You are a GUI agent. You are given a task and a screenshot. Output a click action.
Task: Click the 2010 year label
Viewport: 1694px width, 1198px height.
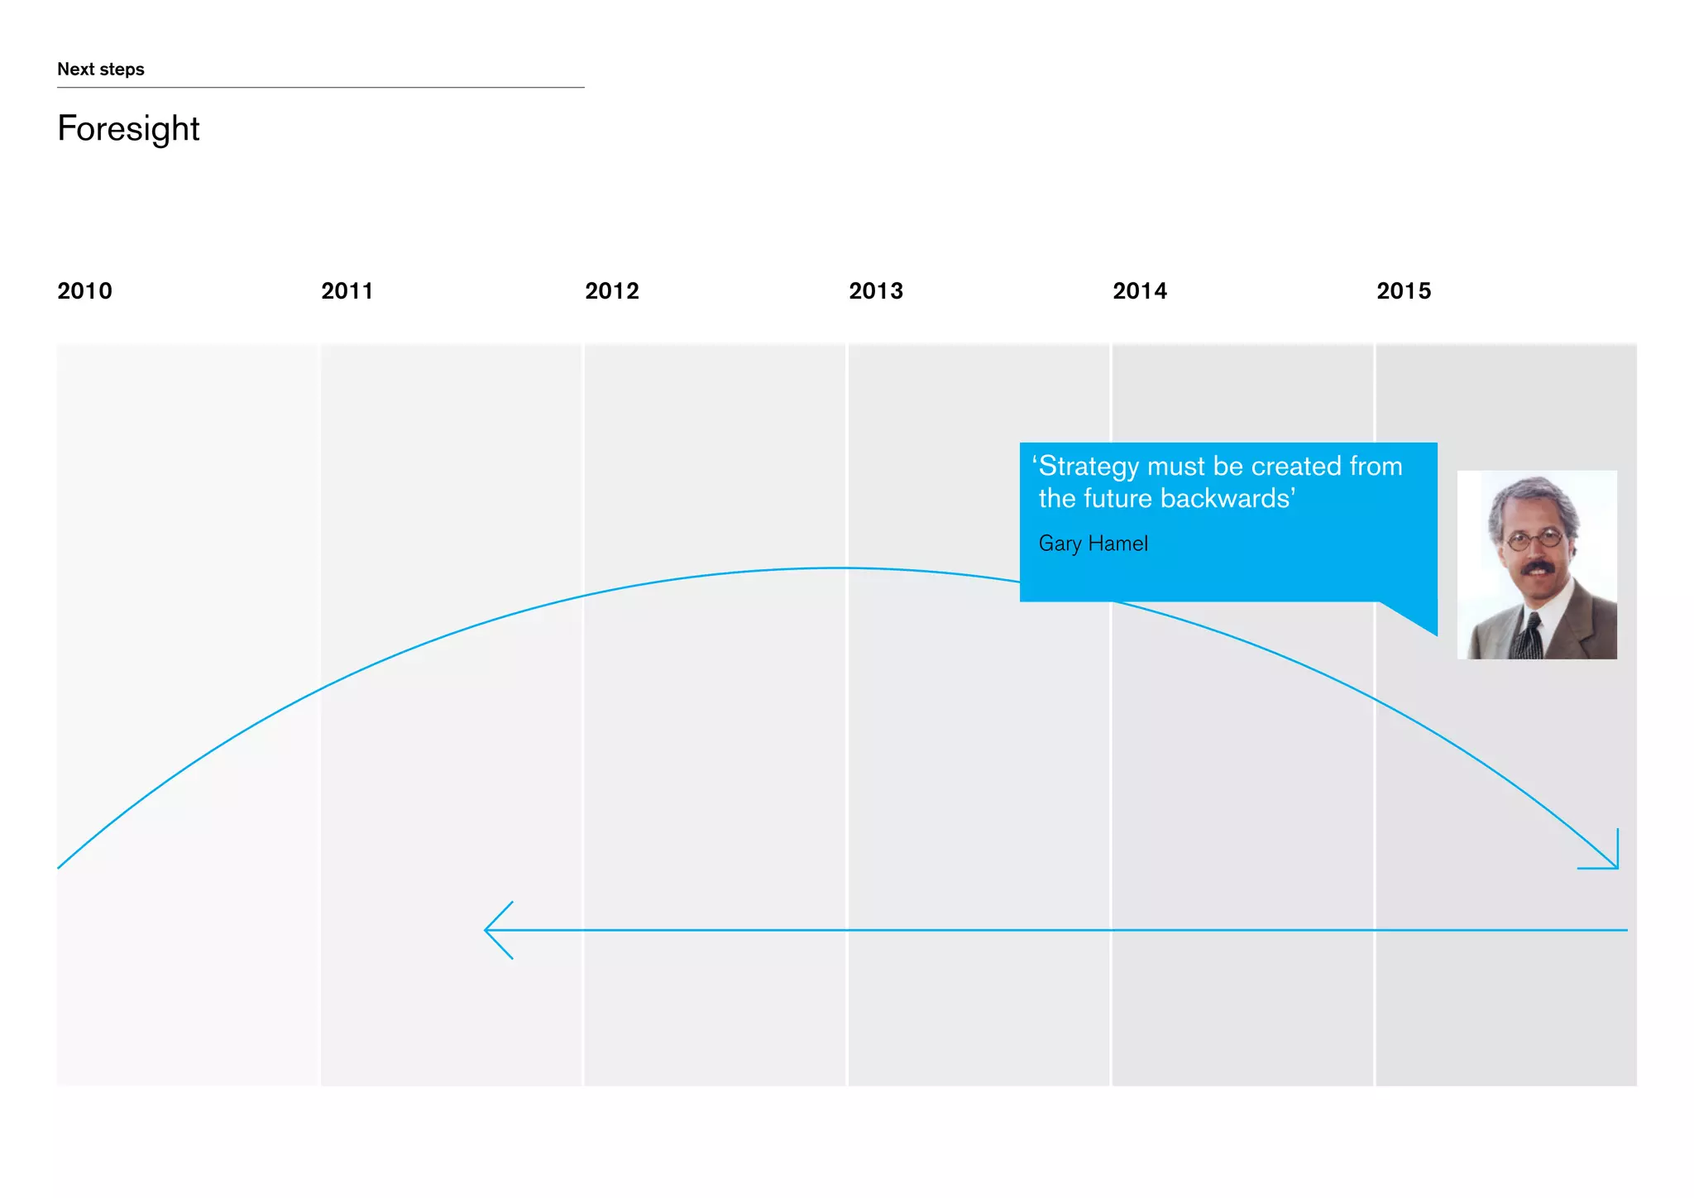click(x=84, y=291)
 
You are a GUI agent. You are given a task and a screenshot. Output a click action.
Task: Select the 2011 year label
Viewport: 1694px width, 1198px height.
click(x=347, y=291)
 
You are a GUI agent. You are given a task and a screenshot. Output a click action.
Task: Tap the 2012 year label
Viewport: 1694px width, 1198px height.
click(x=612, y=291)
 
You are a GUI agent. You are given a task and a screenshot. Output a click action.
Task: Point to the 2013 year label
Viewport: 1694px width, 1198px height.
click(x=876, y=291)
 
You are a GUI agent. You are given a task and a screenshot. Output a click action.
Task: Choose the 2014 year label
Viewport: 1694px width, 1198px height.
click(x=1140, y=291)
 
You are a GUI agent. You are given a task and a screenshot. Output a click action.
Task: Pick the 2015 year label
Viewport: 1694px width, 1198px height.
click(x=1404, y=291)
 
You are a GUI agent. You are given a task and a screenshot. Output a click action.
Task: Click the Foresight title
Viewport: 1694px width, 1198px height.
click(x=128, y=129)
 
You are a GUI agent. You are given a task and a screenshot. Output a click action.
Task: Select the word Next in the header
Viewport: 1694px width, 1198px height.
click(x=75, y=69)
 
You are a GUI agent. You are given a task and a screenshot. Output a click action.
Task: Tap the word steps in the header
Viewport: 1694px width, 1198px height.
click(x=122, y=69)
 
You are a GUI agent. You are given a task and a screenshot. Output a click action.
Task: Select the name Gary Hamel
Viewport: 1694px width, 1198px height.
click(x=1093, y=544)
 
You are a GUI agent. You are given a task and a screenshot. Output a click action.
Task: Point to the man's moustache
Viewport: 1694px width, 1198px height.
click(x=1537, y=568)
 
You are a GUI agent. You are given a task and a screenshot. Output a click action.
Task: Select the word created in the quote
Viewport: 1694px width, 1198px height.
click(x=1296, y=467)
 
